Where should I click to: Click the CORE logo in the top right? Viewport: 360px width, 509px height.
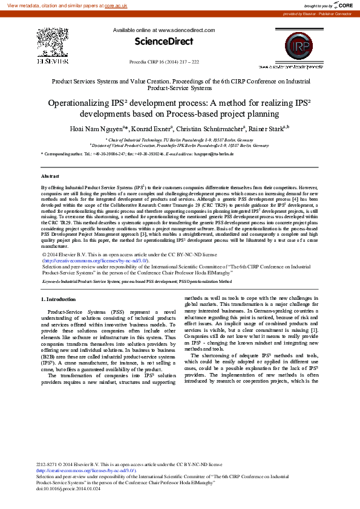coord(342,5)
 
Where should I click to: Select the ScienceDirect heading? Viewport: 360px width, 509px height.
coord(163,42)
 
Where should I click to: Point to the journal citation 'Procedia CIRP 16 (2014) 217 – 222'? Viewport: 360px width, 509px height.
coord(164,62)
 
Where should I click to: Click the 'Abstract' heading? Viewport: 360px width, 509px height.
coord(50,176)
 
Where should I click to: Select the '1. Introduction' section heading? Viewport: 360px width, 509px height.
coord(58,299)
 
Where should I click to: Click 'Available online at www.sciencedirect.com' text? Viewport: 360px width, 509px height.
coord(163,30)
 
